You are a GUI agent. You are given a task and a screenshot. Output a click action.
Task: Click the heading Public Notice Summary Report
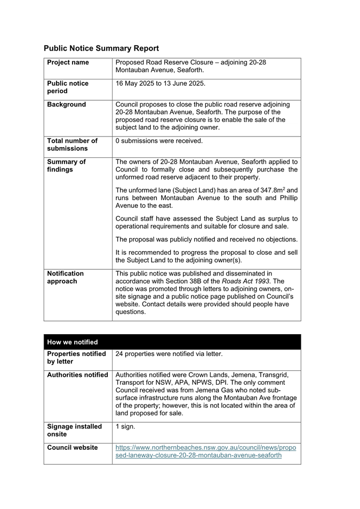[101, 49]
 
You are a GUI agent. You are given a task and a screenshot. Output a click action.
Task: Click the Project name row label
[68, 62]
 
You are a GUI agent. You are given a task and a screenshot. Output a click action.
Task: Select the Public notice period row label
[68, 87]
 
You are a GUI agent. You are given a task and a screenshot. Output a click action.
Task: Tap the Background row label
[66, 104]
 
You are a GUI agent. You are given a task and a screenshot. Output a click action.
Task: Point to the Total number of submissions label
[72, 145]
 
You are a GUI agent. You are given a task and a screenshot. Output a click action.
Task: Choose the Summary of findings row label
[66, 166]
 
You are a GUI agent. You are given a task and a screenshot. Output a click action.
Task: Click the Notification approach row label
[65, 277]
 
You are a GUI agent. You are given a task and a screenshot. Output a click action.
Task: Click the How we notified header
[73, 342]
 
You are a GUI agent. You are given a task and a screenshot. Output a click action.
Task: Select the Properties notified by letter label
[76, 358]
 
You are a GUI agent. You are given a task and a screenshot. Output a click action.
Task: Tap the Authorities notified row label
[77, 375]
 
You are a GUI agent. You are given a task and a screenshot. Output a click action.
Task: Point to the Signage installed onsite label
[74, 431]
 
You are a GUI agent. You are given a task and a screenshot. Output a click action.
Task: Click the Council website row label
[73, 448]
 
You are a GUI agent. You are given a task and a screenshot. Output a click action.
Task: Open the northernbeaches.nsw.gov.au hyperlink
[205, 451]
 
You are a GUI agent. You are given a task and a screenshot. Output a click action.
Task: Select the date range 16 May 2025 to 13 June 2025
[160, 84]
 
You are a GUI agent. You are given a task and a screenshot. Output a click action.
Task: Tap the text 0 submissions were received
[159, 141]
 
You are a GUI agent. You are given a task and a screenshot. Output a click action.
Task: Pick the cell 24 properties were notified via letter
[169, 354]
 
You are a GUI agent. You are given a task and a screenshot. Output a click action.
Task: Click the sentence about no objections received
[206, 239]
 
